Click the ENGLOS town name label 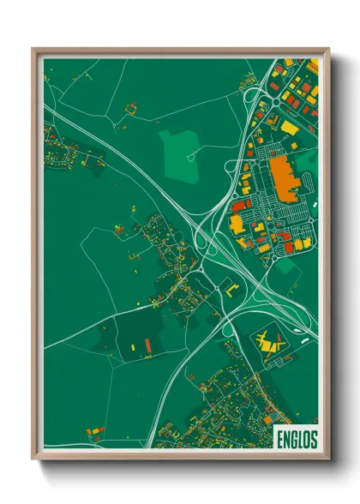297,440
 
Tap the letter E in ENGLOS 280,440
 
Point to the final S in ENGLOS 313,440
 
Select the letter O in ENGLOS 306,440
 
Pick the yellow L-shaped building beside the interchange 231,288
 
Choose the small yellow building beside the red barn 134,343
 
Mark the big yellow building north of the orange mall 290,128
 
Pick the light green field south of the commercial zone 288,273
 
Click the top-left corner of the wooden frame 33,49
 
